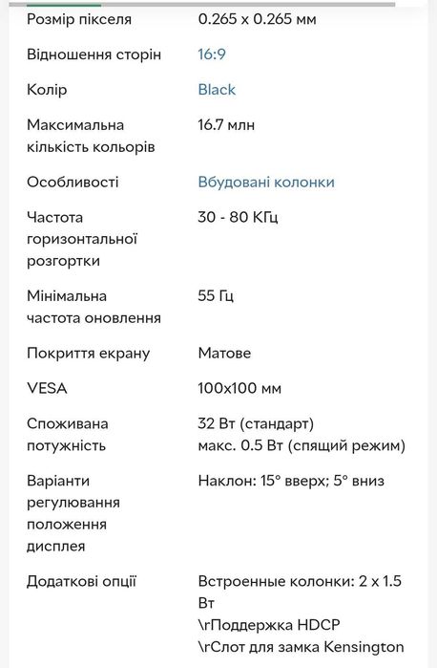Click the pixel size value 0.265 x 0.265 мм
pyautogui.click(x=257, y=19)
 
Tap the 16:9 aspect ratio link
pyautogui.click(x=212, y=54)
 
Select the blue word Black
pyautogui.click(x=217, y=90)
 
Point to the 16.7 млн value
pyautogui.click(x=226, y=125)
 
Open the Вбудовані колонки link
pyautogui.click(x=266, y=183)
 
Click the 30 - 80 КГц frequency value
pyautogui.click(x=238, y=218)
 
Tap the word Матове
pyautogui.click(x=224, y=354)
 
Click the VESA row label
pyautogui.click(x=47, y=389)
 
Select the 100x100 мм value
pyautogui.click(x=239, y=389)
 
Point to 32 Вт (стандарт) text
pyautogui.click(x=256, y=423)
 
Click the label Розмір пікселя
pyautogui.click(x=79, y=19)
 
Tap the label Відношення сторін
pyautogui.click(x=94, y=54)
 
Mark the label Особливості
pyautogui.click(x=73, y=183)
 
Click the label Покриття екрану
pyautogui.click(x=88, y=354)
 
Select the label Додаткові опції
pyautogui.click(x=81, y=581)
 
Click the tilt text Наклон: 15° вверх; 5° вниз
pyautogui.click(x=291, y=481)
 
